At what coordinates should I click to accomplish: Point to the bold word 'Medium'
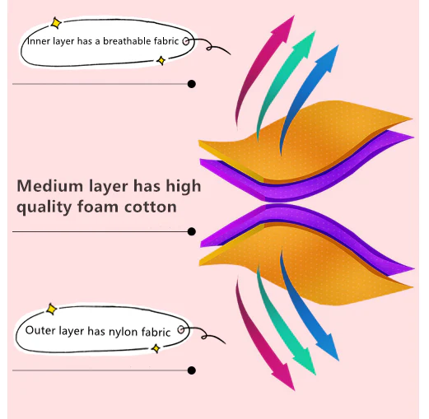click(x=49, y=186)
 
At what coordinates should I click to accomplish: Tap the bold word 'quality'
click(x=44, y=207)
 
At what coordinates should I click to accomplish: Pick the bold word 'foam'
click(x=98, y=206)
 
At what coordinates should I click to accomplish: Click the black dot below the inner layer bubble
click(x=192, y=84)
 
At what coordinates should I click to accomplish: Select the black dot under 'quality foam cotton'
click(x=192, y=231)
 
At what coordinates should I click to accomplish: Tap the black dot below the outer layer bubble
click(x=192, y=370)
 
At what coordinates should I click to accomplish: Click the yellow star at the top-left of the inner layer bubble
click(x=56, y=23)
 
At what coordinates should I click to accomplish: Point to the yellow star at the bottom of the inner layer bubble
click(x=161, y=60)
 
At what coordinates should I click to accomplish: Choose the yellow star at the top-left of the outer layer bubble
click(x=51, y=310)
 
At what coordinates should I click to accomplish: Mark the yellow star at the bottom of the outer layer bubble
click(x=156, y=348)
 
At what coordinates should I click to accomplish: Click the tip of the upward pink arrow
click(x=295, y=16)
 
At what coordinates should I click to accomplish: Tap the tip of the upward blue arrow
click(x=338, y=45)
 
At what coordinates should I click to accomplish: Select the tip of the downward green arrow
click(x=315, y=375)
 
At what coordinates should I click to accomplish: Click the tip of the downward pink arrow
click(x=295, y=390)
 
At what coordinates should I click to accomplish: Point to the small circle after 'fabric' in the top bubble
click(x=186, y=41)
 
